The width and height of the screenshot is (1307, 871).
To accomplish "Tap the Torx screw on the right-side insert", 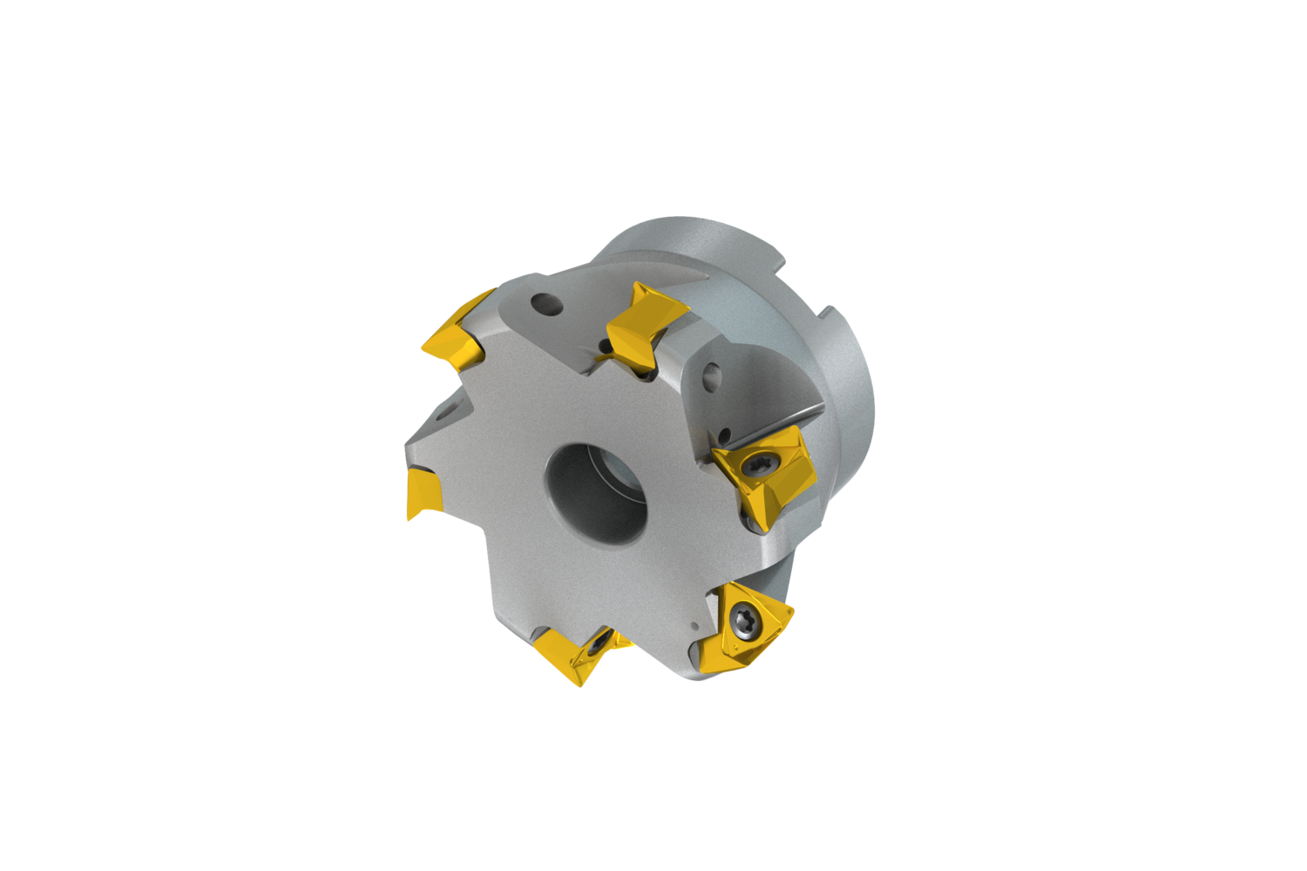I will [755, 468].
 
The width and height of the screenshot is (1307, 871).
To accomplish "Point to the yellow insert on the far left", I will [423, 493].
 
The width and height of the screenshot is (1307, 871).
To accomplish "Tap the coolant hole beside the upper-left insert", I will [545, 305].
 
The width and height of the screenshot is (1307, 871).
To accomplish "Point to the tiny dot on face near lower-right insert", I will [694, 625].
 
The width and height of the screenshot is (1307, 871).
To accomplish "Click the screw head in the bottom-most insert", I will [597, 646].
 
